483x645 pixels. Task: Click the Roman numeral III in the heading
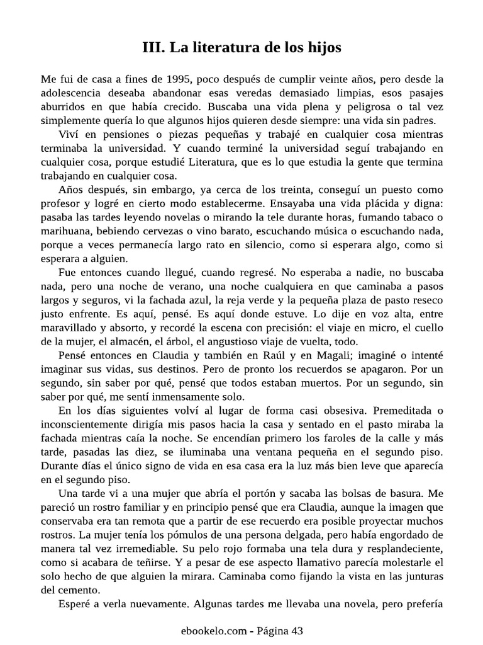(155, 48)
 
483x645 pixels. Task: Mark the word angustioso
(235, 342)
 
